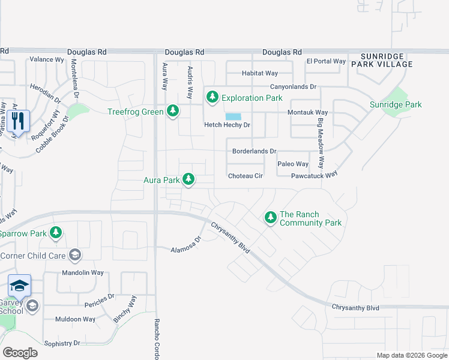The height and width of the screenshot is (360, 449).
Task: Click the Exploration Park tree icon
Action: click(212, 97)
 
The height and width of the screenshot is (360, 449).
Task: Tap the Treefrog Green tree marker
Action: click(173, 111)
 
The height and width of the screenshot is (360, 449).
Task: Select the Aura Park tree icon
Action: click(188, 179)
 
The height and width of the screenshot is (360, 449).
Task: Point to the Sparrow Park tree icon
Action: click(56, 233)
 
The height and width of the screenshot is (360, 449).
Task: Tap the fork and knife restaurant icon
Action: click(19, 122)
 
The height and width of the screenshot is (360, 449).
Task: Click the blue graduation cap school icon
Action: click(19, 286)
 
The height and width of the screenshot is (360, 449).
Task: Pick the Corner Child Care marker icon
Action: click(75, 256)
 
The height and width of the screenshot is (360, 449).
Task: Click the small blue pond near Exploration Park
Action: click(233, 116)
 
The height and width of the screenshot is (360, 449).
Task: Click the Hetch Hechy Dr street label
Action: click(227, 125)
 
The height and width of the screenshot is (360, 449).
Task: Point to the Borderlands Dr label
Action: click(254, 151)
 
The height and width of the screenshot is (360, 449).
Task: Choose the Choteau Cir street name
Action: click(246, 176)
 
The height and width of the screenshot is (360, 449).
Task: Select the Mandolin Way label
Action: click(83, 272)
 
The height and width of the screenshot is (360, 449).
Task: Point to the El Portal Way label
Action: click(326, 61)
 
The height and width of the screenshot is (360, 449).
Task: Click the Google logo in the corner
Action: click(20, 353)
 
